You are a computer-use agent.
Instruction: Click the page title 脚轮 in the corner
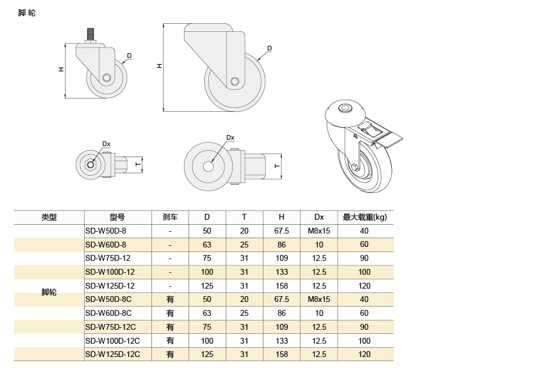pyautogui.click(x=27, y=13)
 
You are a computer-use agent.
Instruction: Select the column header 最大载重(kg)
pyautogui.click(x=364, y=217)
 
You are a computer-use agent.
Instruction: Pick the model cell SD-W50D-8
pyautogui.click(x=106, y=231)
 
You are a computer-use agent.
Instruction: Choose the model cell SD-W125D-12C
pyautogui.click(x=113, y=354)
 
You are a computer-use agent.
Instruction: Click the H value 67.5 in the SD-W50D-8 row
pyautogui.click(x=281, y=231)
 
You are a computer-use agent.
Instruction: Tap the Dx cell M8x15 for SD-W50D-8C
pyautogui.click(x=319, y=299)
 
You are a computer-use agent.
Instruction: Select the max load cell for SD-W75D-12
pyautogui.click(x=364, y=258)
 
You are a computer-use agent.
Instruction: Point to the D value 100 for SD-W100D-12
pyautogui.click(x=207, y=272)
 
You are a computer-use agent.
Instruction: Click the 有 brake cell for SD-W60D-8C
pyautogui.click(x=170, y=313)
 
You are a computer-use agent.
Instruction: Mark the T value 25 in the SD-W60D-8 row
pyautogui.click(x=244, y=245)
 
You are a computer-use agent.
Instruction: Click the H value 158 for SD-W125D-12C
pyautogui.click(x=281, y=354)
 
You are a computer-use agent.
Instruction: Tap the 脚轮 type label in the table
pyautogui.click(x=49, y=293)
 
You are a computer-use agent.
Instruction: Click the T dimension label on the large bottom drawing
pyautogui.click(x=277, y=166)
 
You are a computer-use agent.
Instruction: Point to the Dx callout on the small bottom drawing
pyautogui.click(x=106, y=144)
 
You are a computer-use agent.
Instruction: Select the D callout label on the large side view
pyautogui.click(x=269, y=48)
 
